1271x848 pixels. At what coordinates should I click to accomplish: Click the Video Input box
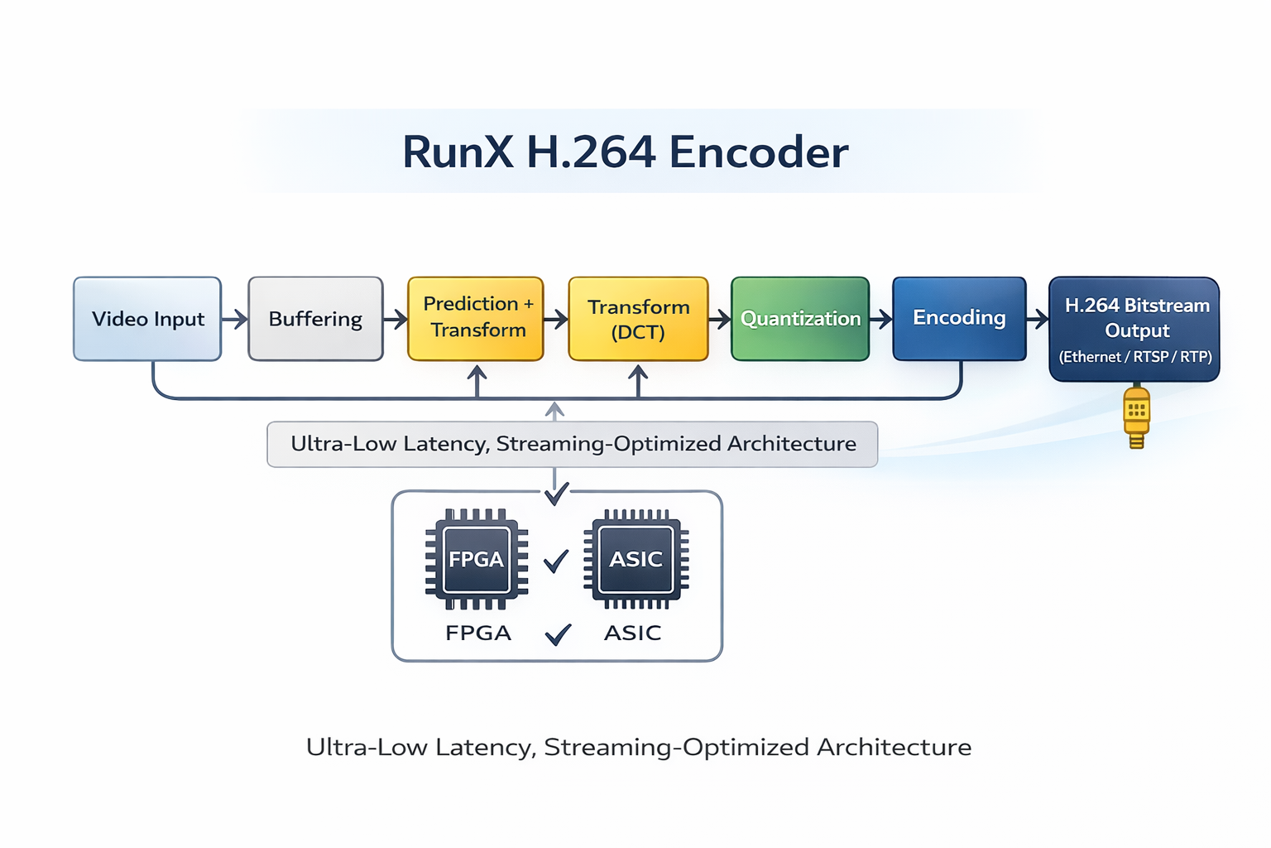tap(147, 319)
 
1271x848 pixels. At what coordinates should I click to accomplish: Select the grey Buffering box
tap(315, 319)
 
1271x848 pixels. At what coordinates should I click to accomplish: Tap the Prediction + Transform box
tap(476, 318)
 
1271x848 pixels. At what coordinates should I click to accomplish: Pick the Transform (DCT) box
tap(638, 319)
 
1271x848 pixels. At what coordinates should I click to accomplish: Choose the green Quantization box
tap(800, 319)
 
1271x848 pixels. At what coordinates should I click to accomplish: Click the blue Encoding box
tap(959, 318)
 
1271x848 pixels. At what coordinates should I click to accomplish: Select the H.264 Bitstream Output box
tap(1134, 329)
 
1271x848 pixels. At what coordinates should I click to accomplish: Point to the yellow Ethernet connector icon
tap(1137, 417)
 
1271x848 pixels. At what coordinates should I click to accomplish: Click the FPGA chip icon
tap(477, 559)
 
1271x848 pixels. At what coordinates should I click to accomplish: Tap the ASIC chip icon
tap(635, 559)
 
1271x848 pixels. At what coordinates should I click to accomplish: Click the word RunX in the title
tap(458, 152)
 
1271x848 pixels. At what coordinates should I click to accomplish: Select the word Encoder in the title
tap(758, 152)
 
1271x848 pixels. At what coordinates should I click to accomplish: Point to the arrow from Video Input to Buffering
tap(236, 319)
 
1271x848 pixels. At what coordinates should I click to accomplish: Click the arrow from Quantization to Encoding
tap(881, 319)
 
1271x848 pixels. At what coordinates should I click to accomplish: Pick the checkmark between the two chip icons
tap(556, 561)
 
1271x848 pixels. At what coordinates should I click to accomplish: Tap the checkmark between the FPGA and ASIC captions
tap(558, 634)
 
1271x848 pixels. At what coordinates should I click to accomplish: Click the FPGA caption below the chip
tap(478, 634)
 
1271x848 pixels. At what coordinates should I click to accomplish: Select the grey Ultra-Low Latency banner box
tap(573, 444)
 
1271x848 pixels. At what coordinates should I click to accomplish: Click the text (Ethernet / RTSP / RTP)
tap(1135, 357)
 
